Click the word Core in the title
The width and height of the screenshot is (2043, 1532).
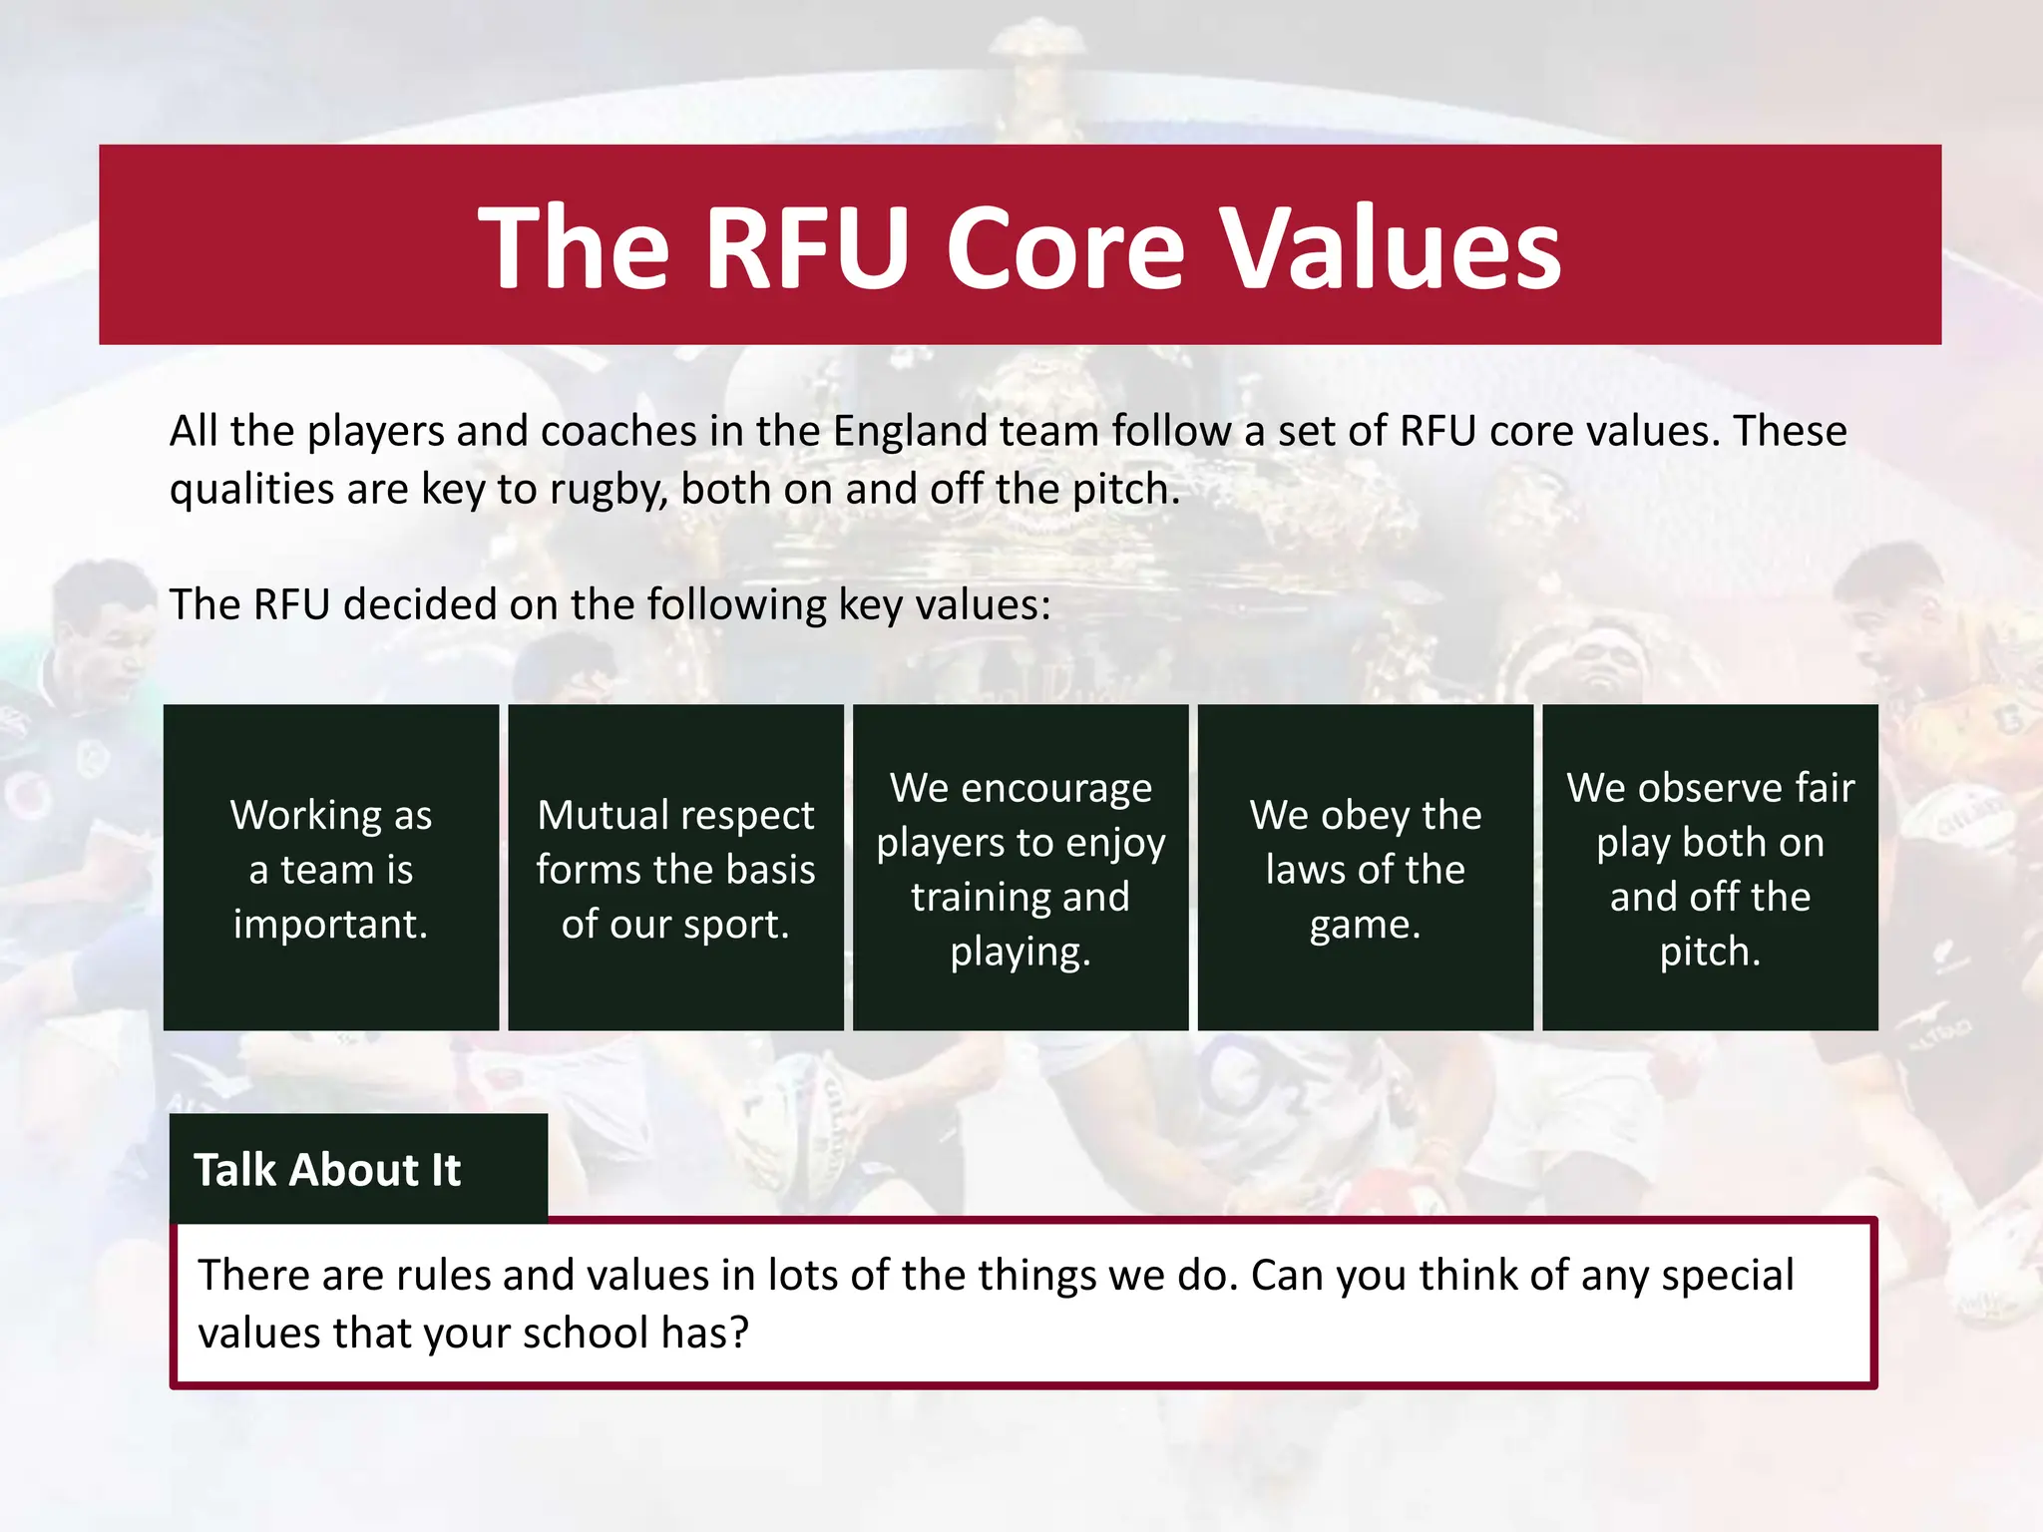click(1065, 247)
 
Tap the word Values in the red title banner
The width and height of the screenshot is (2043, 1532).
click(1392, 247)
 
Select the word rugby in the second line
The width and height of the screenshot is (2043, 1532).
click(608, 490)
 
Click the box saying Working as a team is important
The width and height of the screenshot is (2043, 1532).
click(331, 868)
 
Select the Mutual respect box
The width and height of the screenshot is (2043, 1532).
click(675, 868)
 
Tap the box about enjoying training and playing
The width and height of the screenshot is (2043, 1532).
click(1021, 868)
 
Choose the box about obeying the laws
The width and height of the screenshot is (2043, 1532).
click(1365, 868)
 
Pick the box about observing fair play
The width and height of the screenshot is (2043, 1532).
click(1710, 868)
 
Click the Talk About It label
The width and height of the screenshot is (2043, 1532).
click(328, 1169)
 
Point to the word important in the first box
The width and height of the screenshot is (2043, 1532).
click(330, 925)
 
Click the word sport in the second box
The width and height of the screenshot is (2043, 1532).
click(739, 925)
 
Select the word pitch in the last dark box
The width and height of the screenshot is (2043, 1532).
click(1709, 952)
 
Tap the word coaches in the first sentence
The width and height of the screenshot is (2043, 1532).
click(618, 431)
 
